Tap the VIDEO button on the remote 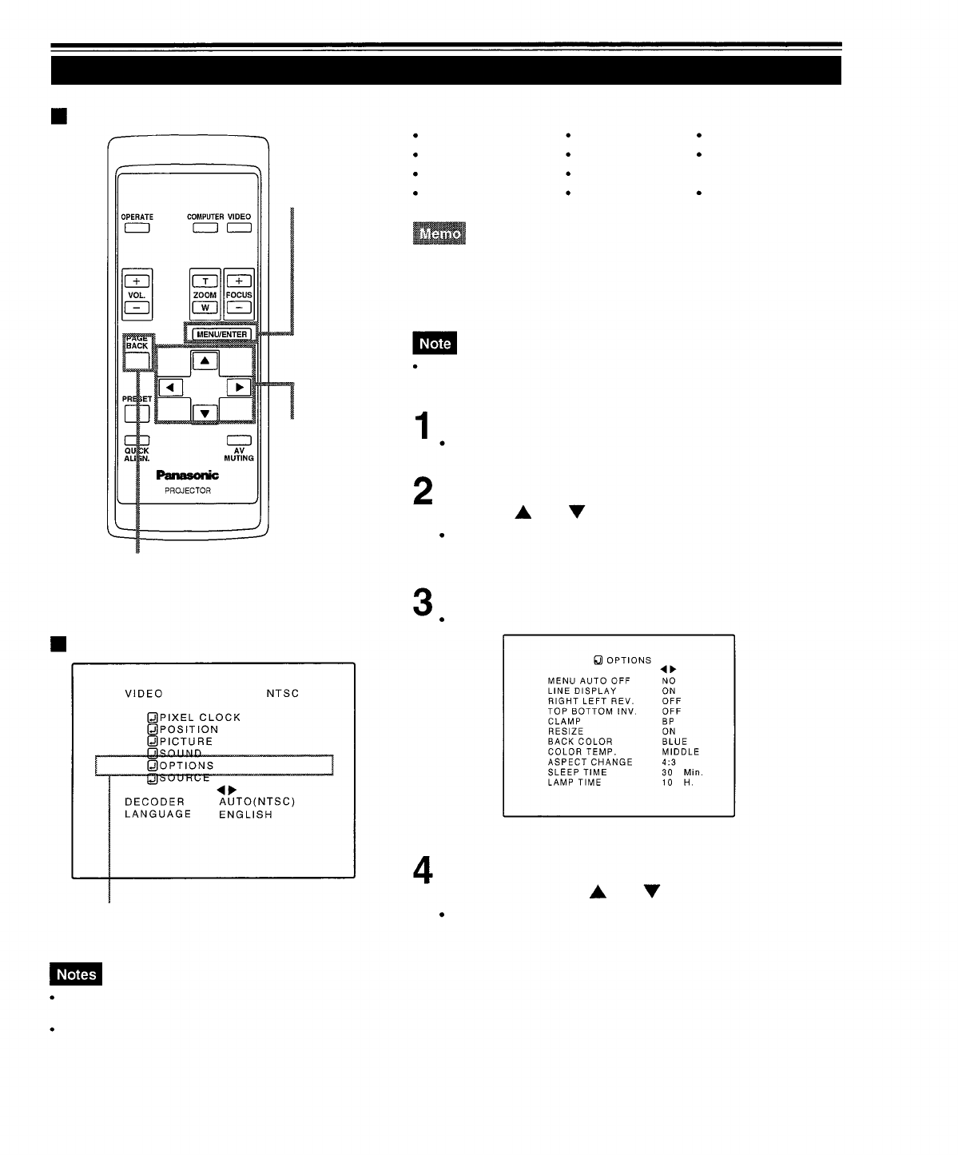pyautogui.click(x=239, y=228)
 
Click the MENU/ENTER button pyautogui.click(x=221, y=334)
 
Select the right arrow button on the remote pyautogui.click(x=238, y=388)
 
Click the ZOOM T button pyautogui.click(x=205, y=281)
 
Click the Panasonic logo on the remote pyautogui.click(x=188, y=475)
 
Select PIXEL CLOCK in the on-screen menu pyautogui.click(x=200, y=718)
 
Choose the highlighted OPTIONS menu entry pyautogui.click(x=187, y=766)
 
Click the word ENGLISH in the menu pyautogui.click(x=245, y=814)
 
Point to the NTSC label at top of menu pyautogui.click(x=283, y=694)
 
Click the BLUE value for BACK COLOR pyautogui.click(x=674, y=742)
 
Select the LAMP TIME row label pyautogui.click(x=574, y=783)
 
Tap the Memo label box pyautogui.click(x=439, y=233)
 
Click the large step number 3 pyautogui.click(x=423, y=603)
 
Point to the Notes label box pyautogui.click(x=76, y=974)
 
